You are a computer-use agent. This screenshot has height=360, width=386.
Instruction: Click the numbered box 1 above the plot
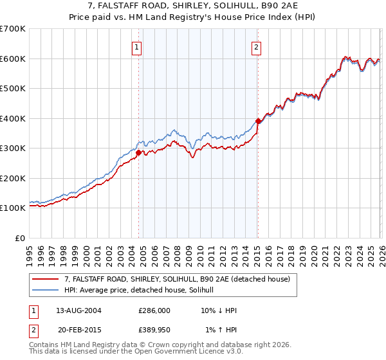coord(138,46)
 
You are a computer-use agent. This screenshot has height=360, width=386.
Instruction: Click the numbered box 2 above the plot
coord(256,46)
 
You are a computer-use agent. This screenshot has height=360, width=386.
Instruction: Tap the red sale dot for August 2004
coord(138,152)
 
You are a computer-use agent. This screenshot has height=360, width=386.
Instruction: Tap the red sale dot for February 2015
coord(257,121)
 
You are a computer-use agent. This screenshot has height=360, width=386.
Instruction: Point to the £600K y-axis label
coord(13,59)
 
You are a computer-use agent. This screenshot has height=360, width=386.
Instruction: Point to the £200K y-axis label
coord(13,178)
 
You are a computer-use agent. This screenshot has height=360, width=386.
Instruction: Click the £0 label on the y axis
coord(21,238)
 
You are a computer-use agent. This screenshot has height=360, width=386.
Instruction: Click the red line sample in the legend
coord(46,279)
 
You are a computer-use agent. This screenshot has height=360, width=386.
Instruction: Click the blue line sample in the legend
coord(46,290)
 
